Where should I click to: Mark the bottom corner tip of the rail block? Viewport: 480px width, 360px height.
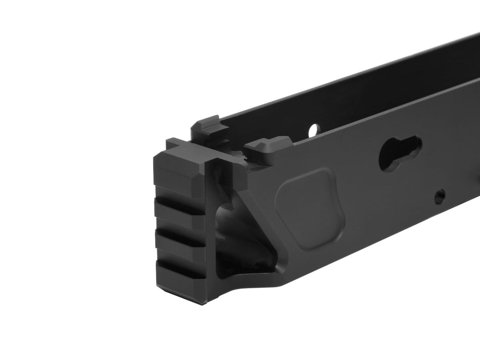pyautogui.click(x=202, y=302)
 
